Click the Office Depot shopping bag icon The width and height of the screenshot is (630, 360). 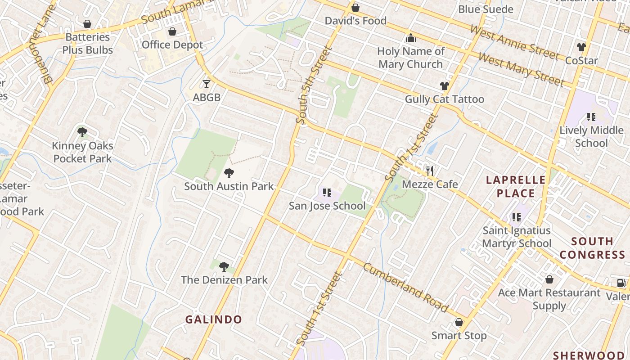click(x=172, y=31)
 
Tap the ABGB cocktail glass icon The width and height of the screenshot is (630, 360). click(x=207, y=84)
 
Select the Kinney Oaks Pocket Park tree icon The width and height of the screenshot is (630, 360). click(x=82, y=132)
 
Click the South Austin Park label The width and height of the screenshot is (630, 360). click(x=229, y=186)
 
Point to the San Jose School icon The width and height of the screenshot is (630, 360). click(x=327, y=193)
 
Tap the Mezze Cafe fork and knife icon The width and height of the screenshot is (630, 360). click(x=430, y=171)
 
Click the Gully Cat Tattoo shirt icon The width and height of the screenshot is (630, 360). click(x=445, y=86)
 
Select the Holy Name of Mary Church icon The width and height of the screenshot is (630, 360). click(x=410, y=38)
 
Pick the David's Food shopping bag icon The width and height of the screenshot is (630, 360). click(x=355, y=8)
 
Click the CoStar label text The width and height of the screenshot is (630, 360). click(x=581, y=60)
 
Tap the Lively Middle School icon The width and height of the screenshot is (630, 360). click(x=591, y=117)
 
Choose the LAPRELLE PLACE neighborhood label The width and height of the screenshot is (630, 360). click(x=516, y=187)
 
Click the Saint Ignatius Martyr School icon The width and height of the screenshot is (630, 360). click(x=517, y=217)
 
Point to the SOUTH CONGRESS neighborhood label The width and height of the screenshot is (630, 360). click(x=592, y=248)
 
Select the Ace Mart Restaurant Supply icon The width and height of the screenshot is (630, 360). click(x=549, y=279)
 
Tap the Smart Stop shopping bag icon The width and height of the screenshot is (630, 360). click(x=459, y=323)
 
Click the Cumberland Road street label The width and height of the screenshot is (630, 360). click(x=405, y=288)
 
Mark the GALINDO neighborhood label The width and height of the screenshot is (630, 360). click(x=214, y=319)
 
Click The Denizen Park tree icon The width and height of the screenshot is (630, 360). click(x=224, y=267)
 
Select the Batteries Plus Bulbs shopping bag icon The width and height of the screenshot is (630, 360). click(x=87, y=24)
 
